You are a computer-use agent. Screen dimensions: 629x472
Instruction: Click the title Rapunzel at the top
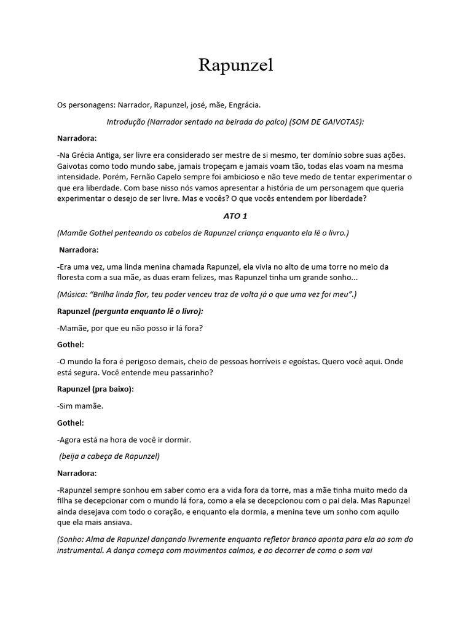(x=235, y=66)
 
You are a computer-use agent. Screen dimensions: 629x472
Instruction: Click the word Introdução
(x=125, y=122)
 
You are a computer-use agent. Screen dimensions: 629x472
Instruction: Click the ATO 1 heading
(x=235, y=216)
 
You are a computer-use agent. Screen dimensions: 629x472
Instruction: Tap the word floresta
(x=73, y=278)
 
